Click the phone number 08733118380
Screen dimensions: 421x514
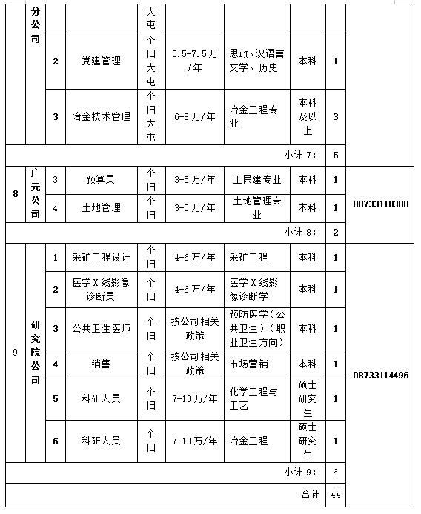[381, 203]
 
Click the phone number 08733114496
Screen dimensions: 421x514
[381, 375]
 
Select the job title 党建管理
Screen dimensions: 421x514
[101, 61]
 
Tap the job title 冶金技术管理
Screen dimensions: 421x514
[101, 116]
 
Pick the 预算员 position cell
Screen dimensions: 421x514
[101, 179]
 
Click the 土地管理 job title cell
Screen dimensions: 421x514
[101, 208]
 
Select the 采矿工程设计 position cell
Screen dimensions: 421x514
[101, 257]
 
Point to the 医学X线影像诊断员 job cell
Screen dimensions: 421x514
[101, 289]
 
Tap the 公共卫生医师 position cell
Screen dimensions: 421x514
[101, 328]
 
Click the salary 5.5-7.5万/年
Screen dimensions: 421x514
[194, 61]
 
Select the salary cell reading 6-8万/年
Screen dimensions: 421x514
[194, 116]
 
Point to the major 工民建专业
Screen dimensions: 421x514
[256, 179]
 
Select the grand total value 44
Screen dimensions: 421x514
[336, 494]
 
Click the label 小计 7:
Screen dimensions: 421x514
[299, 155]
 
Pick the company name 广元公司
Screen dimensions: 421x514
[35, 193]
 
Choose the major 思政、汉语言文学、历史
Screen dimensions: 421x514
[256, 61]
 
